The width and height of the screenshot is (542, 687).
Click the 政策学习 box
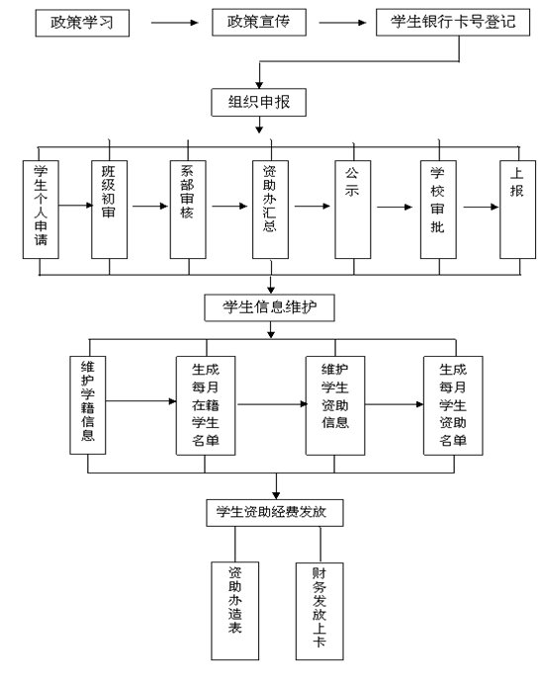(82, 23)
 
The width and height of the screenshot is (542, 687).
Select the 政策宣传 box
(259, 23)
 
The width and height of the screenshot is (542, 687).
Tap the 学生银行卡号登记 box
(453, 23)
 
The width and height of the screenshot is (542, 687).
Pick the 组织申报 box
(259, 103)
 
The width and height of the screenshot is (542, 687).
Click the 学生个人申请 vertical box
(41, 210)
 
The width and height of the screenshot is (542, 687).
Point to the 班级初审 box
(109, 210)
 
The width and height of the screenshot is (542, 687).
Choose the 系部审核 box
(188, 210)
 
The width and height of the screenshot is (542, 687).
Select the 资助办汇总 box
(270, 210)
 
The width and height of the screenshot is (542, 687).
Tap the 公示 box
(353, 210)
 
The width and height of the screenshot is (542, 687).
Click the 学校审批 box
(438, 210)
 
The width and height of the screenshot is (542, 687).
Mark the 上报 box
(518, 210)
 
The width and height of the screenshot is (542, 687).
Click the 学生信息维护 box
(270, 308)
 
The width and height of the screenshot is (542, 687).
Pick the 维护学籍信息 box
(88, 405)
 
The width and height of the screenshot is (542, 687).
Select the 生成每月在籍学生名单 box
(206, 405)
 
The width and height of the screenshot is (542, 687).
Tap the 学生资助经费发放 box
(275, 513)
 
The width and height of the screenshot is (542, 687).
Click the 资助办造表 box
(235, 611)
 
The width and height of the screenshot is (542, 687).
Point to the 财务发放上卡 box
(319, 611)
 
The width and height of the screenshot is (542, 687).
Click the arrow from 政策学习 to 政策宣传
(174, 23)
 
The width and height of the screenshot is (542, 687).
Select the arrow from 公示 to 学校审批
(395, 207)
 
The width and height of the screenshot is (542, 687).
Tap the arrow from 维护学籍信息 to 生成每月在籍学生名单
(141, 401)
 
